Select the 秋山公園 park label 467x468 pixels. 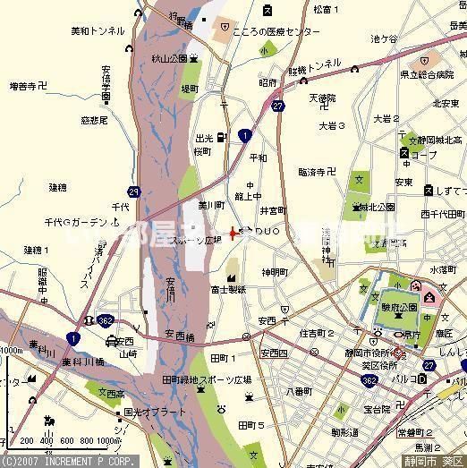click(170, 58)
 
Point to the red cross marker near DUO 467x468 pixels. click(234, 233)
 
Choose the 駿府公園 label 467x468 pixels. click(400, 306)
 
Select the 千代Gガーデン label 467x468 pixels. click(76, 221)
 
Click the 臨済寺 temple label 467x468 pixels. click(315, 170)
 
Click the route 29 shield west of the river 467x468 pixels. click(133, 191)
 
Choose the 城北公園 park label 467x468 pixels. click(377, 207)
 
